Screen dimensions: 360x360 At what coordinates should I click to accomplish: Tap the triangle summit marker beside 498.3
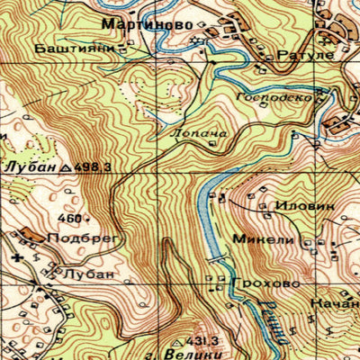click(69, 167)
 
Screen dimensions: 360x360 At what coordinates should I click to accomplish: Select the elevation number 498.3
click(94, 167)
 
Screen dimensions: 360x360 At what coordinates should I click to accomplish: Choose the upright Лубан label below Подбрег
click(89, 273)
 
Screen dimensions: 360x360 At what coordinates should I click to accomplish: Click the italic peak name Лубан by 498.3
click(31, 167)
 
